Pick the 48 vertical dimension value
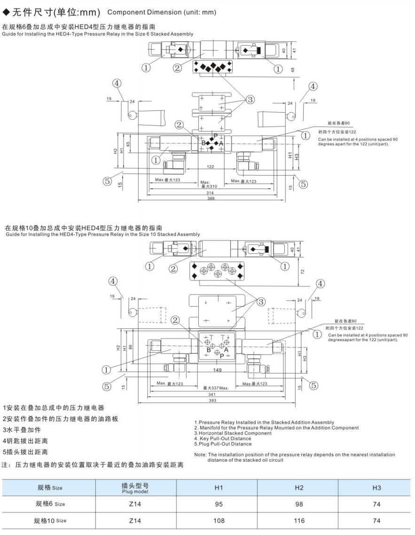pos(292,70)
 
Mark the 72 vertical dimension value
pos(303,271)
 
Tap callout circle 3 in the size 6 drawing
pos(250,99)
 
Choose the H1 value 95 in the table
pos(219,504)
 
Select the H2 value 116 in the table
pos(298,520)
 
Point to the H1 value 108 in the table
pos(219,520)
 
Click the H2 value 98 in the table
pos(298,504)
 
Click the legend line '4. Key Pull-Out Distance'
pos(223,439)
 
